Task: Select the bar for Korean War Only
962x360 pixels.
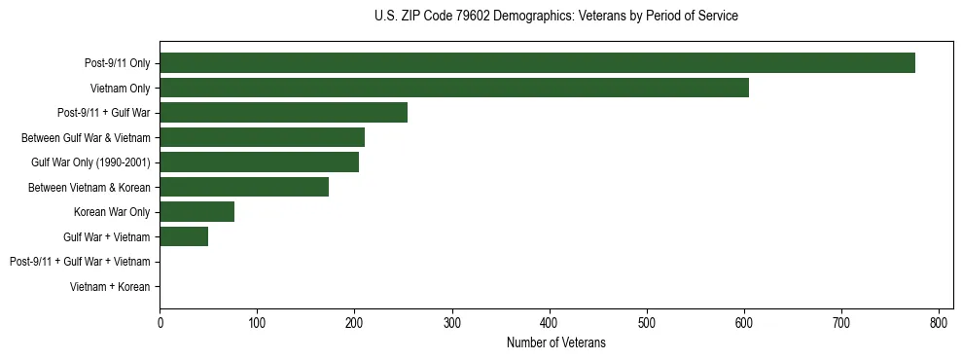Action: [196, 212]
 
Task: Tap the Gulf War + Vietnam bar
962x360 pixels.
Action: [184, 236]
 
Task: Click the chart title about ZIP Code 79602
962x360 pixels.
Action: [555, 17]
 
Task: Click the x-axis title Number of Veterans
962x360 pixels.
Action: [555, 342]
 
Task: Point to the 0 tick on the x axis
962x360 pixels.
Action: [160, 323]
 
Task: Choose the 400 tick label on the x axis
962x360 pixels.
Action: [550, 323]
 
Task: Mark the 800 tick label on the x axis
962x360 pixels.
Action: [939, 323]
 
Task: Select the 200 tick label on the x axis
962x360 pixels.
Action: [354, 323]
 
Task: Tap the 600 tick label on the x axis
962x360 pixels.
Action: [744, 323]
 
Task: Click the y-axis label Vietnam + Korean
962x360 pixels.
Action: [110, 287]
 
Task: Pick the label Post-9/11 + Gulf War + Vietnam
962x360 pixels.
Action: [80, 262]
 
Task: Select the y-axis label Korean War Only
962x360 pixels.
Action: [112, 212]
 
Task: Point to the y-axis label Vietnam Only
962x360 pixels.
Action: [120, 89]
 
